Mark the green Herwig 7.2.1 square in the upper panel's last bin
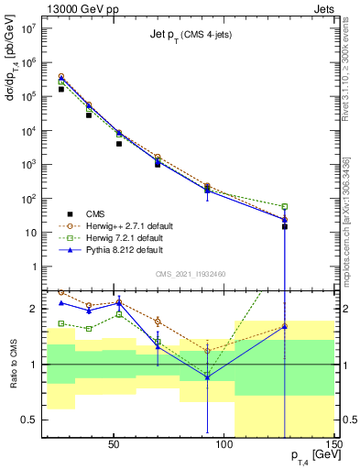click(x=285, y=206)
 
